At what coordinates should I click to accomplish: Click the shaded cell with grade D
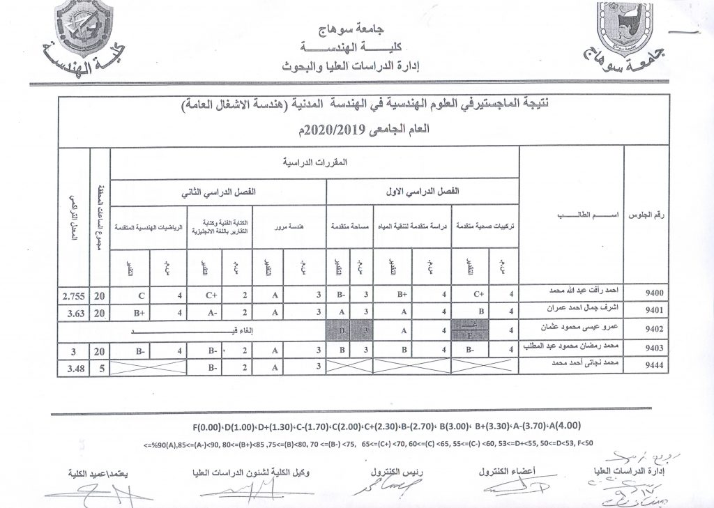342,329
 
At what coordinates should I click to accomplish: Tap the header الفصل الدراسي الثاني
218,190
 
